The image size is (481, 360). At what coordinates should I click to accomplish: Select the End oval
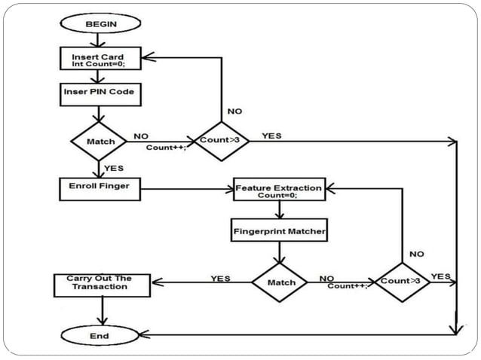point(99,335)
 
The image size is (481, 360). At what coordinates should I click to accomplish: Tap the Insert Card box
point(99,57)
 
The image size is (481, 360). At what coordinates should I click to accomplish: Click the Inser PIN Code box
point(99,93)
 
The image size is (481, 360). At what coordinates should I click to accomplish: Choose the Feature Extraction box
point(279,190)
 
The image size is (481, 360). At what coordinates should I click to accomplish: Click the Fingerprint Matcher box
point(279,230)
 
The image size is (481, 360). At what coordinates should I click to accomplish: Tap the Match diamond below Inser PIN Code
point(99,141)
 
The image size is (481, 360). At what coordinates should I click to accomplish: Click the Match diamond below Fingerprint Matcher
point(279,283)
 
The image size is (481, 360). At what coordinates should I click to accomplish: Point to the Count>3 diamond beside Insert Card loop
point(222,140)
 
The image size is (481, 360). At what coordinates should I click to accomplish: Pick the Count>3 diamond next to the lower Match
point(402,282)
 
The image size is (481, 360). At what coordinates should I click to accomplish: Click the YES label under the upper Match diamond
point(113,167)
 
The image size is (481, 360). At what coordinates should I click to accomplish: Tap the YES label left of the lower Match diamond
point(220,278)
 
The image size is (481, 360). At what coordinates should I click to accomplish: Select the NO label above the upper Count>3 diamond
point(234,111)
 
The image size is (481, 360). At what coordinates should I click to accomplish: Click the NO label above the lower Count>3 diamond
point(416,254)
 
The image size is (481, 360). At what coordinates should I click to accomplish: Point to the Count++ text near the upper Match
point(165,148)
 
